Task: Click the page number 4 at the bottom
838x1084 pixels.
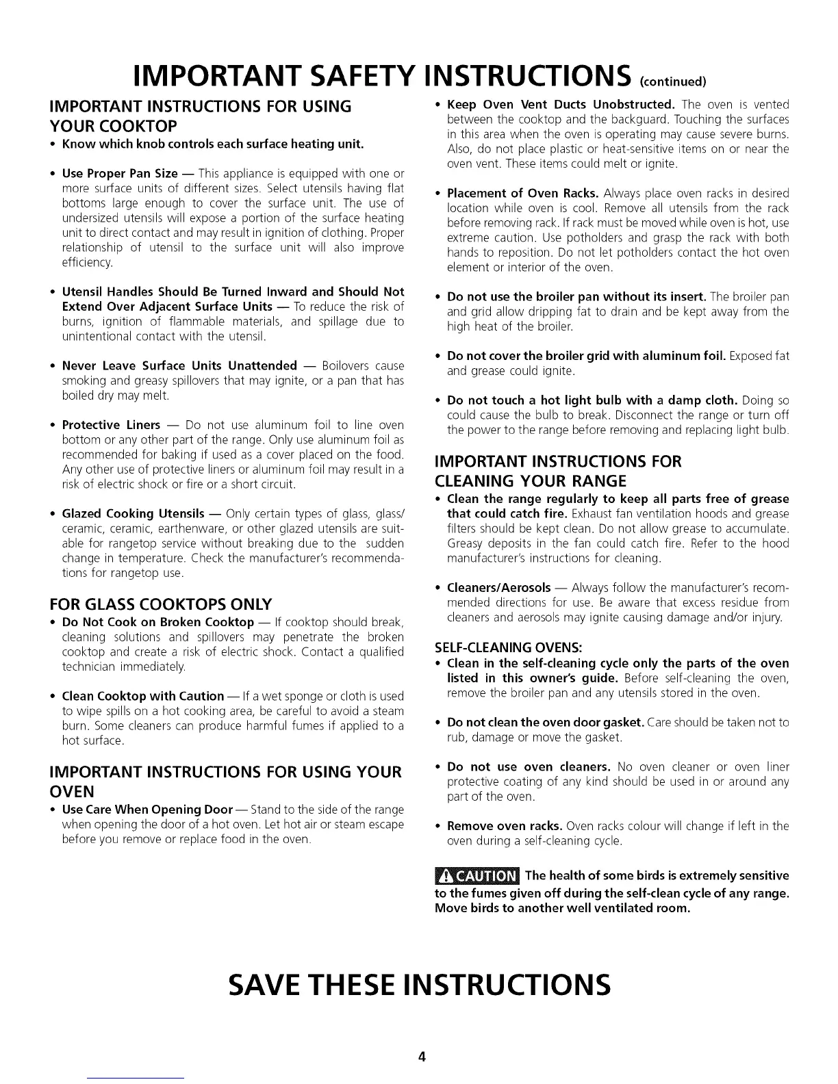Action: pyautogui.click(x=422, y=1057)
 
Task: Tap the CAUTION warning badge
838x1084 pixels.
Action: pyautogui.click(x=477, y=876)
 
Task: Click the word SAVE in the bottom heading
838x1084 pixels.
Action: pyautogui.click(x=276, y=984)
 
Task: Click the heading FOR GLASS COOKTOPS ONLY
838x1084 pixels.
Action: pyautogui.click(x=162, y=604)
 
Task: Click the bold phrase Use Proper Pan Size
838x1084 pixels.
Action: pyautogui.click(x=120, y=173)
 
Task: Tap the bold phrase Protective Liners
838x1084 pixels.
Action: pyautogui.click(x=111, y=425)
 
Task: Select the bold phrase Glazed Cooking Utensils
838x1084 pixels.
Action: pyautogui.click(x=133, y=513)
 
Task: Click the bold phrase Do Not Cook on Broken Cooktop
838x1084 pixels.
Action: pyautogui.click(x=157, y=622)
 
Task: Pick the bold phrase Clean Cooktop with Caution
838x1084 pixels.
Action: pyautogui.click(x=142, y=696)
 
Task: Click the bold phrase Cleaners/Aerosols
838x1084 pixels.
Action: pyautogui.click(x=498, y=588)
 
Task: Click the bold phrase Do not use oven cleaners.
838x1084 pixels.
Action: pyautogui.click(x=528, y=766)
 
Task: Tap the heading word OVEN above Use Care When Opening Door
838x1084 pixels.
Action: pyautogui.click(x=72, y=791)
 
